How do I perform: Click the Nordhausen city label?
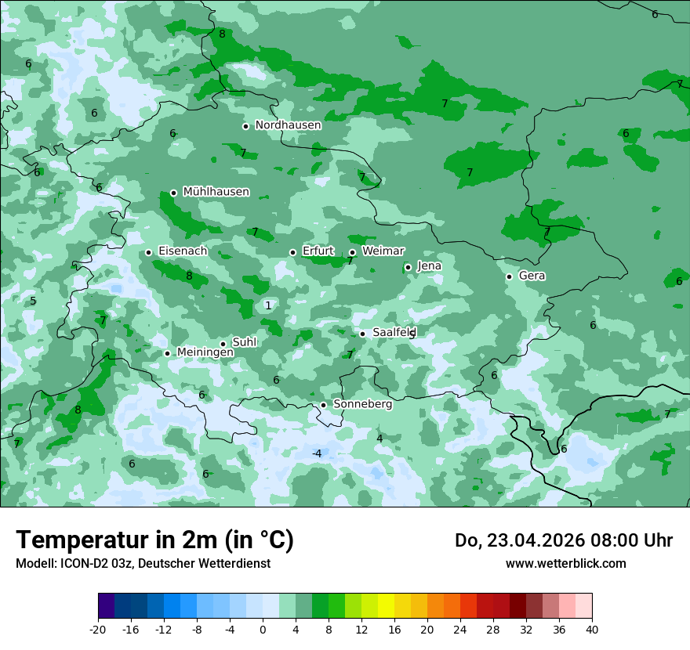288,125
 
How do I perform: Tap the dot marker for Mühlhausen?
173,193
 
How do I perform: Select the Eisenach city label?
183,251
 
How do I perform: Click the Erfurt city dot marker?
292,252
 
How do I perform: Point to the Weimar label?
383,251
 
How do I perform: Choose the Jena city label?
429,266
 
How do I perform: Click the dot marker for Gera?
509,276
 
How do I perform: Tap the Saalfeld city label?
394,333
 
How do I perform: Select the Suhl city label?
245,342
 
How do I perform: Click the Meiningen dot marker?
167,353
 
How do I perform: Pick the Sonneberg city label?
362,404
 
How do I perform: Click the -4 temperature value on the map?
317,454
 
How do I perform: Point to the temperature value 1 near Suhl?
268,305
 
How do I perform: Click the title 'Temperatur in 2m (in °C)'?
154,540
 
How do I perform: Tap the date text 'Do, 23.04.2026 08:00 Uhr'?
563,540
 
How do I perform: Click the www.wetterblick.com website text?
565,563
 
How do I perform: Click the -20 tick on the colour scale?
98,630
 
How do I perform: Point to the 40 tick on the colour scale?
592,630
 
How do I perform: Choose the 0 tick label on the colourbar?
263,630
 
